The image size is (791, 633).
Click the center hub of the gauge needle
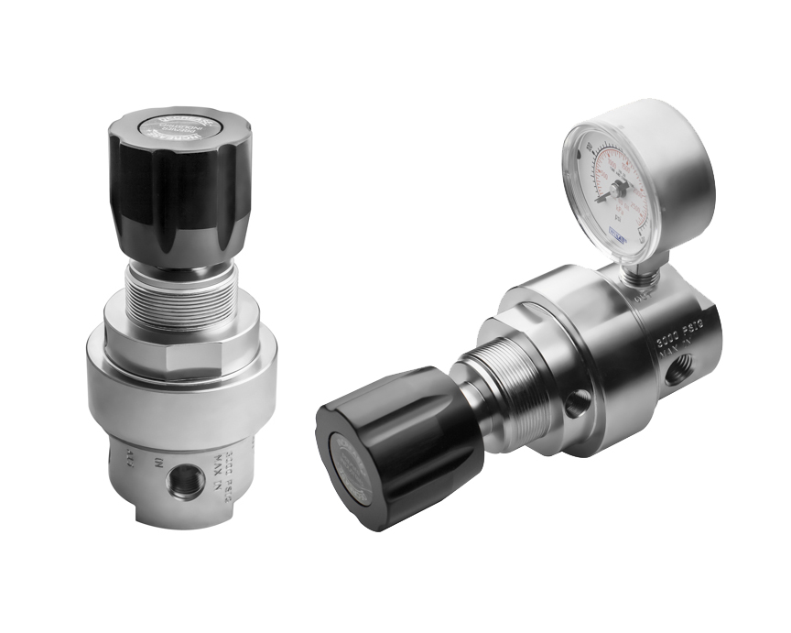point(620,188)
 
